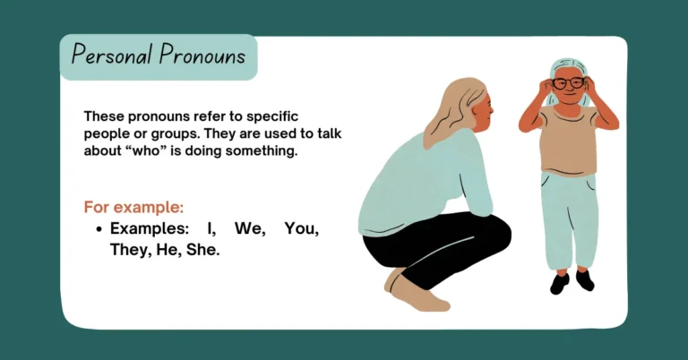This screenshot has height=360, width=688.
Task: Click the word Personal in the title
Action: point(112,56)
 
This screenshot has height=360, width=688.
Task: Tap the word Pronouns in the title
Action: point(202,56)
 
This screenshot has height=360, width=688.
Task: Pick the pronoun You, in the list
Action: point(301,229)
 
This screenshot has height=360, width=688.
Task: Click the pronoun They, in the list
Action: point(130,251)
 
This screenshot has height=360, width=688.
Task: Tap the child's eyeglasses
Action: point(568,83)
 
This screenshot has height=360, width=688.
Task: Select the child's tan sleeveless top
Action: point(568,139)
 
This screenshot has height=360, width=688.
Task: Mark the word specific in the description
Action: point(269,116)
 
